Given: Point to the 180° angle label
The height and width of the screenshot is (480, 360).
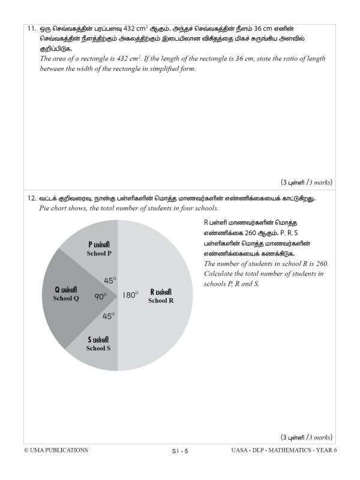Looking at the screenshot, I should [130, 295].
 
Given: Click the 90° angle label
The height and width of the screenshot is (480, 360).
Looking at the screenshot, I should [100, 296].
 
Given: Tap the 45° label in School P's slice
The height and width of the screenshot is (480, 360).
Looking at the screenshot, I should [110, 280].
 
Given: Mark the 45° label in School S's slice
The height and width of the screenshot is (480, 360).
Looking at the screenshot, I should [109, 316].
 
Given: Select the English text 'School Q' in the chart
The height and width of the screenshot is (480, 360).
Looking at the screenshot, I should [66, 299].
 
